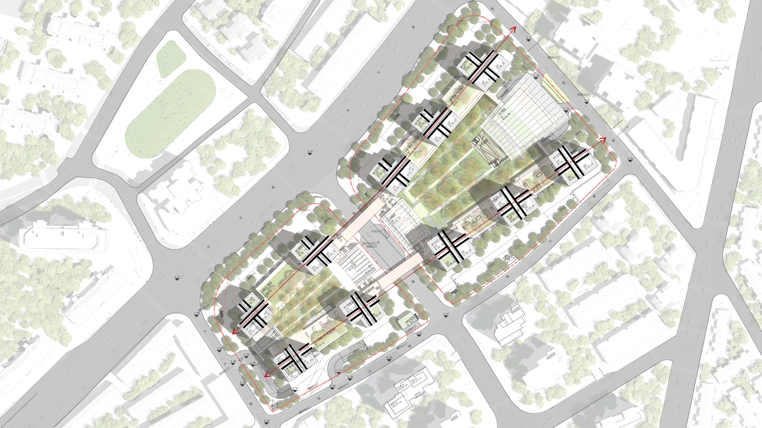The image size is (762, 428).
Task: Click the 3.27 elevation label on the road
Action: tap(177, 277)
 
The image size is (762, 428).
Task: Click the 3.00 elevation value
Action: tap(339, 370)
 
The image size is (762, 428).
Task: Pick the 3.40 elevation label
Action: tap(253, 363)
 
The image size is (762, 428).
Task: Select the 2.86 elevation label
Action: tap(350, 377)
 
